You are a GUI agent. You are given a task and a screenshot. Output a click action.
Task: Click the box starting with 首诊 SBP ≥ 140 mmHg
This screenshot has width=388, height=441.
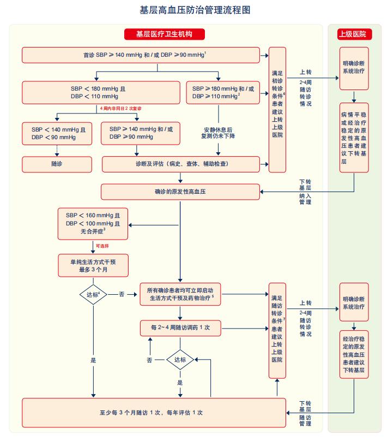141,55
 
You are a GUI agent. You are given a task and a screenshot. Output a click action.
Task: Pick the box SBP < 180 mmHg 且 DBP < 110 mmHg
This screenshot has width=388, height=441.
101,92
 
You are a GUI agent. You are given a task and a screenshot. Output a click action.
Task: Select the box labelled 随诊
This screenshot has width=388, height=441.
57,164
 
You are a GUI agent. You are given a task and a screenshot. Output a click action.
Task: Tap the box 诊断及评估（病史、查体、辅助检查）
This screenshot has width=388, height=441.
181,164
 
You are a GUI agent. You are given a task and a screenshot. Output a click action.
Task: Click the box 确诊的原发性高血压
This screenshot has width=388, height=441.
180,192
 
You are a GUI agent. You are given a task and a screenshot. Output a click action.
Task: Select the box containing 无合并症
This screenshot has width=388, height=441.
93,224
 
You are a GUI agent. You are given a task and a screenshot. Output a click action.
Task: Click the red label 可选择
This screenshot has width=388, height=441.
103,246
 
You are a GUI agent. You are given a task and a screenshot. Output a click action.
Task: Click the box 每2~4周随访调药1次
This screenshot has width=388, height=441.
180,328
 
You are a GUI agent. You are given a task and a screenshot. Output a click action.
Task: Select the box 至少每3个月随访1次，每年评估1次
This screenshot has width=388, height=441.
154,413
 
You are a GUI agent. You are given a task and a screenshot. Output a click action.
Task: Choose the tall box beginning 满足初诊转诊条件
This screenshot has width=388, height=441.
278,109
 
